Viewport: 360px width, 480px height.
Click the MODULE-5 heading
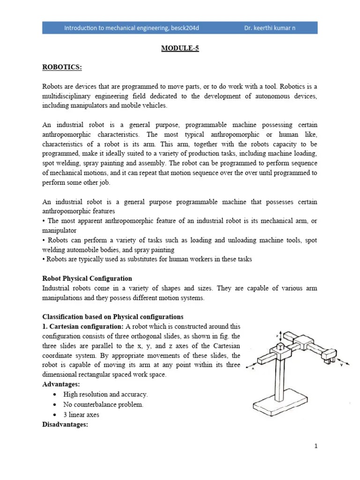180,48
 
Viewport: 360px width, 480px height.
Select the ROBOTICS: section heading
62,67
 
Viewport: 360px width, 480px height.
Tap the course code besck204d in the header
183,28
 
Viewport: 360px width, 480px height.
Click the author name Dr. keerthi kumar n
270,28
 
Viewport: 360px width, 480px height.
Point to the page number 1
316,446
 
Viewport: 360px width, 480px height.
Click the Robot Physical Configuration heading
87,278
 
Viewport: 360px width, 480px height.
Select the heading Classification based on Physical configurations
112,316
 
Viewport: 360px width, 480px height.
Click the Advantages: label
60,384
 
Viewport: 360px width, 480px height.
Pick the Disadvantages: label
65,425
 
